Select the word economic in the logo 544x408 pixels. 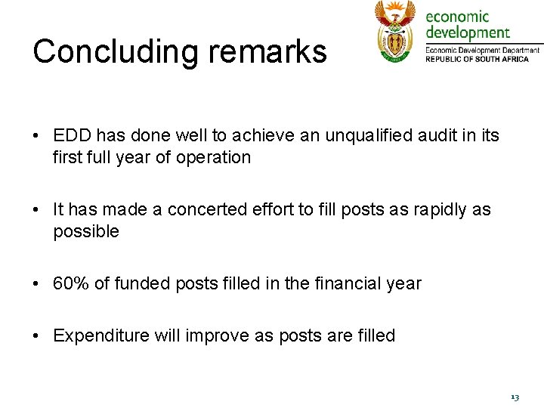coord(458,17)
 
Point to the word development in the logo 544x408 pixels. coord(468,32)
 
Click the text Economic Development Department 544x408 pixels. coord(482,50)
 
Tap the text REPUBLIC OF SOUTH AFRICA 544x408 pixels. coord(482,59)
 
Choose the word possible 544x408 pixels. coord(86,231)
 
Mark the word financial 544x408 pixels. coord(345,283)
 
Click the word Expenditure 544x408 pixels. coord(101,335)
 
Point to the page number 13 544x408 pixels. coord(515,397)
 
